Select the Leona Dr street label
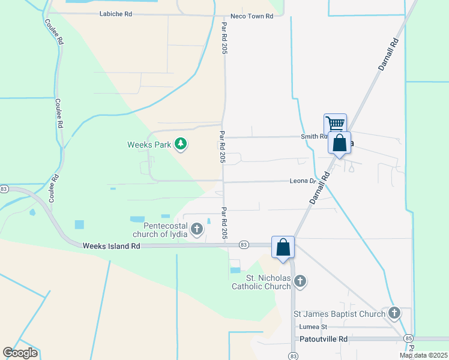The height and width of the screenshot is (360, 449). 303,181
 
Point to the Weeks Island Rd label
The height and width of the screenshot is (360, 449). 111,246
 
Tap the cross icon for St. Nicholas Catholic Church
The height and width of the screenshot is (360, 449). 300,281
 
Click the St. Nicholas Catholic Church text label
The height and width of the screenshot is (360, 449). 261,282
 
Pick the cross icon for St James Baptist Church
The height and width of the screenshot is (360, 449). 394,313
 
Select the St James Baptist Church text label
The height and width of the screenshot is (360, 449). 339,314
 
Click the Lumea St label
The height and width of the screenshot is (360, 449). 313,327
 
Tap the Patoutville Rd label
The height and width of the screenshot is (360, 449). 324,339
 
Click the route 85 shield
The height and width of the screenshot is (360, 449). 408,339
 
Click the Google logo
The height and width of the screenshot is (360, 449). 20,353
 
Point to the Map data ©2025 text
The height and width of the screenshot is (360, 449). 424,355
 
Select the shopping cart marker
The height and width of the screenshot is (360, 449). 335,124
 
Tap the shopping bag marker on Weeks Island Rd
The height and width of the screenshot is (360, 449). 283,246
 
